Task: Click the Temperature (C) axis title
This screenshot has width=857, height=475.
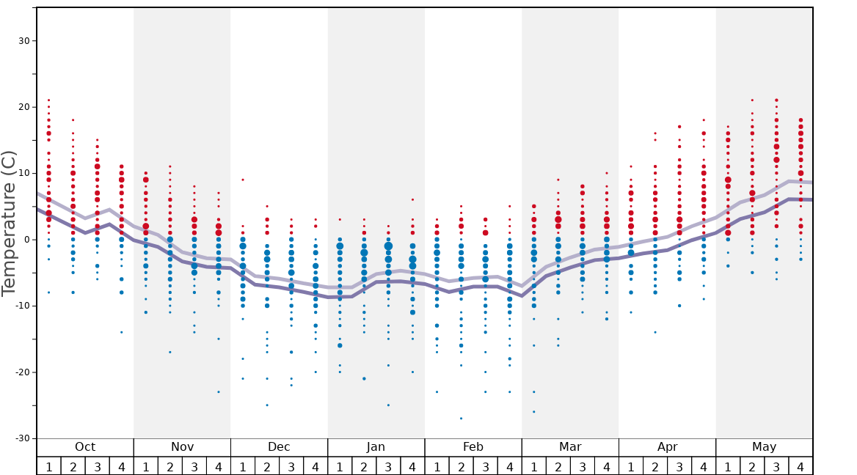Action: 9,223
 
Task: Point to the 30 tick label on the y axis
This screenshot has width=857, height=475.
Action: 23,41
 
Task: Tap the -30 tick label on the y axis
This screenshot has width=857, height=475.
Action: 21,438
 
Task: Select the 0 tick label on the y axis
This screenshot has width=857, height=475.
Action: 26,240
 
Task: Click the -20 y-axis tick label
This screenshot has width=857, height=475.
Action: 21,372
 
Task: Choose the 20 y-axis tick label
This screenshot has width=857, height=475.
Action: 23,107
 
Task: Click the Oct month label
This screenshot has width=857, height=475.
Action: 85,447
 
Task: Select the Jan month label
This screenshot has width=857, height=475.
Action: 376,447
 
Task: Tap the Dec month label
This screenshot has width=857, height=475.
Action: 279,447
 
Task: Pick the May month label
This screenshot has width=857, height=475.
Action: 764,447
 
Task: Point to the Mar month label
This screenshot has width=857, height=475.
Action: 570,447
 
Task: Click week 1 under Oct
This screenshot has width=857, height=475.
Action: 48,466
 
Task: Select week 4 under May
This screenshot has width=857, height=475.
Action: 801,466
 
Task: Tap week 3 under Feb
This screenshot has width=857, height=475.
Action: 485,466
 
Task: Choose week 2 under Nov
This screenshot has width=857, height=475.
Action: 170,466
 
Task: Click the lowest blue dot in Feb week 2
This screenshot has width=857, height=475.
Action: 461,419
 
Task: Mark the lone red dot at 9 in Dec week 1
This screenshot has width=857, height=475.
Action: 243,180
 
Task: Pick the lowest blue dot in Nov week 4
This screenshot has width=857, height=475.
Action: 219,392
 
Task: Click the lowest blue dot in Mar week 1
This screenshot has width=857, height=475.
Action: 533,412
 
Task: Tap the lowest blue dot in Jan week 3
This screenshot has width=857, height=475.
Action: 388,405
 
